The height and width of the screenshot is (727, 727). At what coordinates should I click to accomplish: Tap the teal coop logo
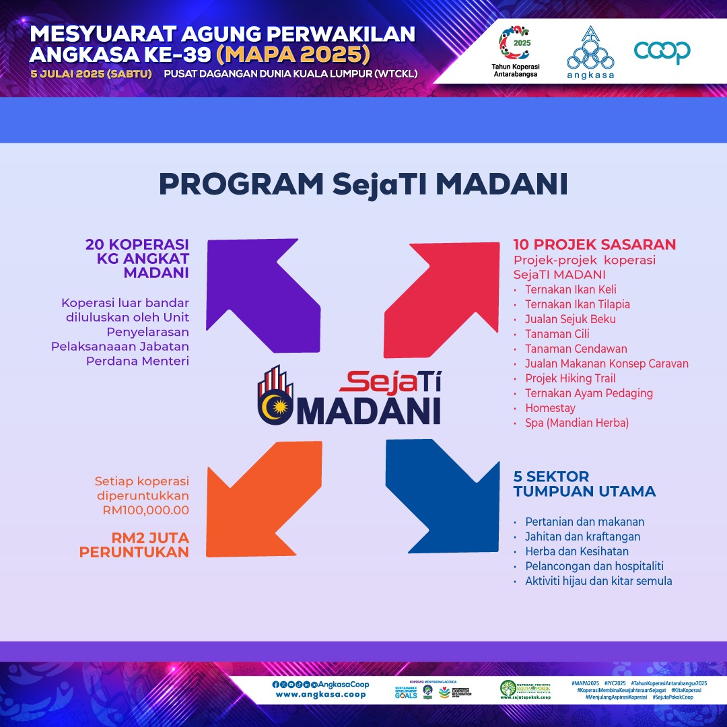tap(662, 52)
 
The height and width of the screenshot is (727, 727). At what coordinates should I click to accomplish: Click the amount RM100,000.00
tap(146, 510)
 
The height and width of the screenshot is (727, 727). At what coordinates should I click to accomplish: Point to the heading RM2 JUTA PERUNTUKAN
tap(134, 545)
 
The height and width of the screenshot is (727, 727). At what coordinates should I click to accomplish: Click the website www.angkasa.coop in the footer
tap(320, 694)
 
